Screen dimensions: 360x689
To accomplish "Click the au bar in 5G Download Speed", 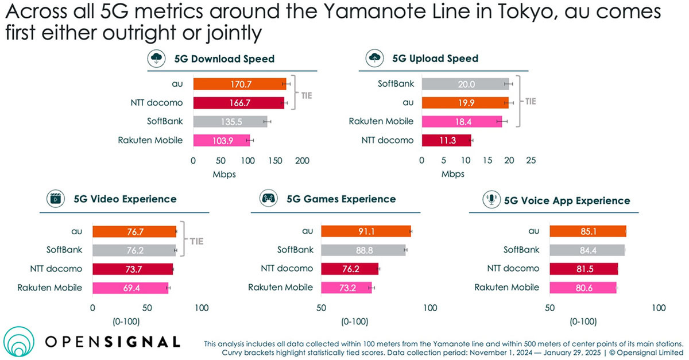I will pyautogui.click(x=239, y=84).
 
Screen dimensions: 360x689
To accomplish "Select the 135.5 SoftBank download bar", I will pyautogui.click(x=230, y=121).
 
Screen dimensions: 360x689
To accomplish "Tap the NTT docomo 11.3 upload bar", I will pyautogui.click(x=446, y=140).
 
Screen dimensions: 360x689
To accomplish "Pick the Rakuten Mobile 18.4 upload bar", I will pyautogui.click(x=462, y=121).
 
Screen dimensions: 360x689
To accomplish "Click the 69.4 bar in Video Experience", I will pyautogui.click(x=130, y=288).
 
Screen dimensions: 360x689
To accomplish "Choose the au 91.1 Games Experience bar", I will pyautogui.click(x=366, y=231).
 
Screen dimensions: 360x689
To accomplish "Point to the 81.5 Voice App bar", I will pyautogui.click(x=583, y=269).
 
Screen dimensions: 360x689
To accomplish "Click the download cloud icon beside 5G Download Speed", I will pyautogui.click(x=156, y=58).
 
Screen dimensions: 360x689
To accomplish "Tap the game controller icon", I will pyautogui.click(x=268, y=199).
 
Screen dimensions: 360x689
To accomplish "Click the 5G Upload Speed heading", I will pyautogui.click(x=435, y=58).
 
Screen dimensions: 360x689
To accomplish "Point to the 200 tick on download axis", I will pyautogui.click(x=303, y=161).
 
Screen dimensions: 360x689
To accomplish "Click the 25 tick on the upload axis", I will pyautogui.click(x=531, y=161).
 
